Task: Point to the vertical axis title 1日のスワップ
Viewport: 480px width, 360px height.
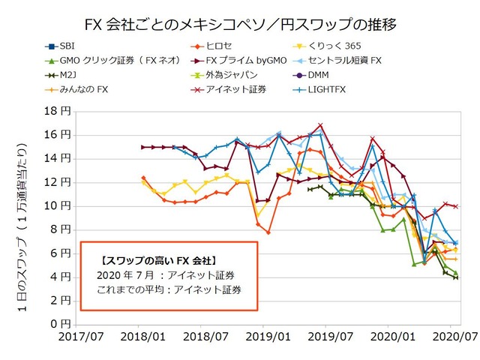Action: pyautogui.click(x=28, y=217)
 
